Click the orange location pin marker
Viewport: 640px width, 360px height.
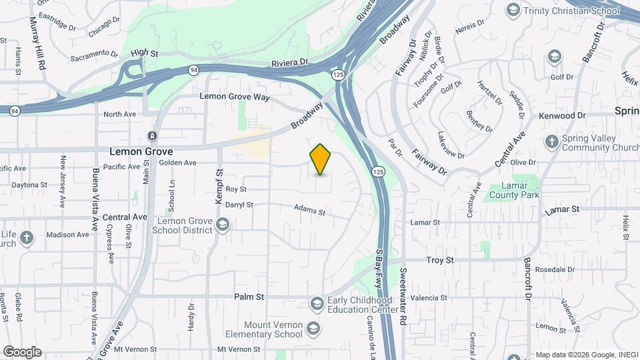(321, 159)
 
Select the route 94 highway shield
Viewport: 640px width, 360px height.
(193, 69)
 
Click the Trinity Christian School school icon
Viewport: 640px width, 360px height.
(513, 10)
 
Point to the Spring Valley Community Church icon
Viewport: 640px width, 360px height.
(551, 141)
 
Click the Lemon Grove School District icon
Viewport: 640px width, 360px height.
(223, 226)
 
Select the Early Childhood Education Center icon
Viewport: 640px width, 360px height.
(316, 304)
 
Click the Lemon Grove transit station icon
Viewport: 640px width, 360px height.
(153, 136)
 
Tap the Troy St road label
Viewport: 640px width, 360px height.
(440, 259)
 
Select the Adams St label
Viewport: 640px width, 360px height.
(309, 211)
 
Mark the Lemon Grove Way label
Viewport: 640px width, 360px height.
(235, 97)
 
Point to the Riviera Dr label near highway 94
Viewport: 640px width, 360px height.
(290, 63)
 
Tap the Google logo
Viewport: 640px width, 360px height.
(22, 351)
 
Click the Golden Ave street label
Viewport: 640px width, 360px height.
(177, 163)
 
